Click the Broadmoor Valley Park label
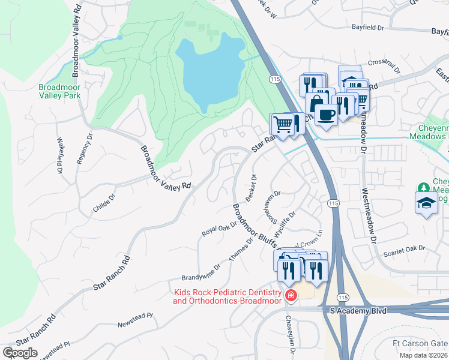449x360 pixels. tap(59, 91)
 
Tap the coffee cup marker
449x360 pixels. tap(326, 115)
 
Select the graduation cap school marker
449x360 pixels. tap(426, 203)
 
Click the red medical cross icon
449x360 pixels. tap(291, 295)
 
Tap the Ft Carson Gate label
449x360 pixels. tap(420, 343)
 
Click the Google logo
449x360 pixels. tap(20, 352)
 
